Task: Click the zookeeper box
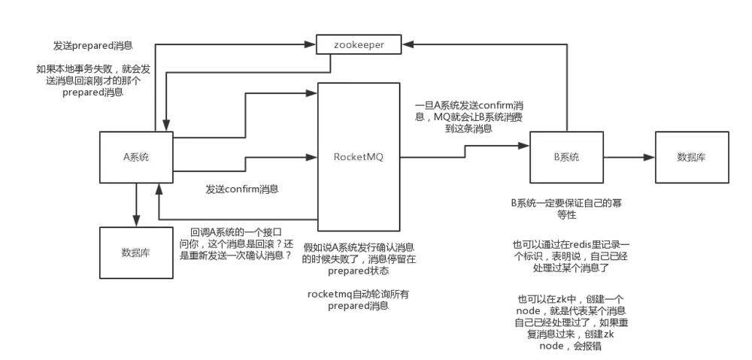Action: (x=359, y=45)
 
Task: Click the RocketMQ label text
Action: (x=359, y=157)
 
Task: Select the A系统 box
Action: (x=136, y=157)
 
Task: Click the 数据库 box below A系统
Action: (x=136, y=253)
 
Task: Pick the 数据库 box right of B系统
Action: (x=691, y=157)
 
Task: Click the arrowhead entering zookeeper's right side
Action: (x=410, y=45)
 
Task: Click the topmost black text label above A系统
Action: (x=93, y=47)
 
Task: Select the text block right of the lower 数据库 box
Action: (x=235, y=244)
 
